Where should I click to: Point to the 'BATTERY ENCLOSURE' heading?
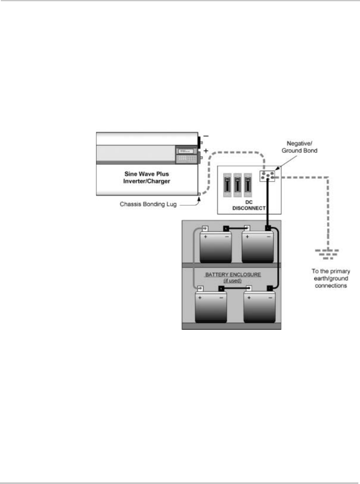231,274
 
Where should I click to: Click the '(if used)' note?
231,280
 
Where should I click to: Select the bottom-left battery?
210,307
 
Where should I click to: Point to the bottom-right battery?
259,307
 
